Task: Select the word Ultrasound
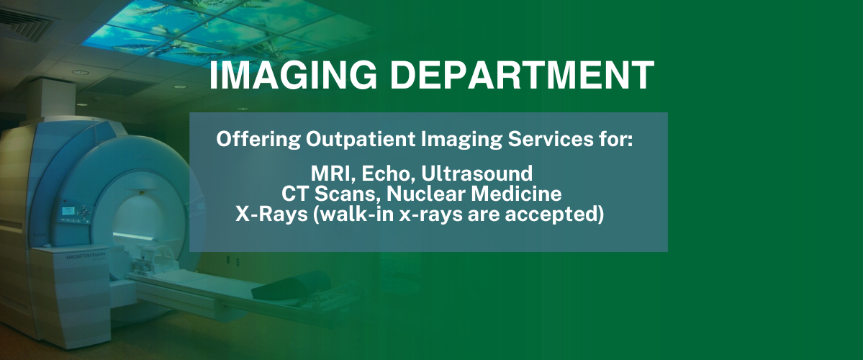pyautogui.click(x=476, y=174)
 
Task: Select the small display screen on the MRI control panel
pyautogui.click(x=68, y=210)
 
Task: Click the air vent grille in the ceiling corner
pyautogui.click(x=24, y=24)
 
